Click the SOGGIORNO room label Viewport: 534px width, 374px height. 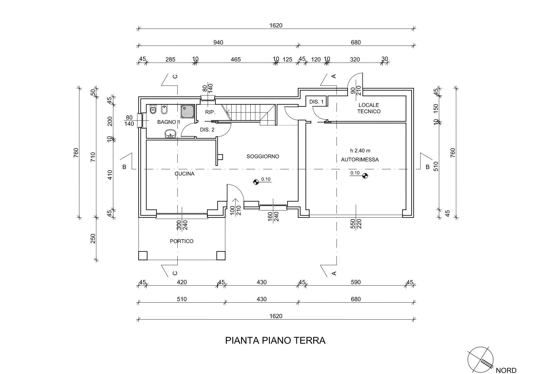click(263, 156)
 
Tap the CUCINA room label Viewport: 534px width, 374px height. click(185, 174)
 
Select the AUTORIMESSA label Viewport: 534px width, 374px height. click(360, 160)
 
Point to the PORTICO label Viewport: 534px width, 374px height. click(182, 241)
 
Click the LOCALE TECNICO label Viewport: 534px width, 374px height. click(369, 108)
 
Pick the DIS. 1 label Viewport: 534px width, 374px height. click(316, 102)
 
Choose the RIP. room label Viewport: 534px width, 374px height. click(210, 112)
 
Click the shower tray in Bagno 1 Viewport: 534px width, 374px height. click(188, 111)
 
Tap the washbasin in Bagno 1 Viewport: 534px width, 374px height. click(170, 134)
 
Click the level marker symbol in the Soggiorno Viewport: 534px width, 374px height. click(256, 182)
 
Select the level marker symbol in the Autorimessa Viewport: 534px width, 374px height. click(365, 175)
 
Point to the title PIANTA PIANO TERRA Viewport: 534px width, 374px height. click(275, 340)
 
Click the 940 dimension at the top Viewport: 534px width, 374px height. click(218, 42)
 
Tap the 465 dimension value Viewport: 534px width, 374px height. click(236, 60)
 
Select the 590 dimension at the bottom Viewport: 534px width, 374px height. click(356, 282)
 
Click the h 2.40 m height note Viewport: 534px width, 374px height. click(360, 151)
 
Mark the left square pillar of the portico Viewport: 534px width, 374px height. click(143, 256)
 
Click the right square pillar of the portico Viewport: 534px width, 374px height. click(221, 256)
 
